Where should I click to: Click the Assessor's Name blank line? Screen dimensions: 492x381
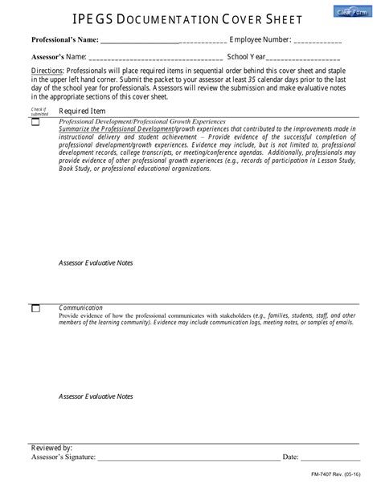click(155, 58)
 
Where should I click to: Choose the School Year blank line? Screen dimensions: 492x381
click(303, 58)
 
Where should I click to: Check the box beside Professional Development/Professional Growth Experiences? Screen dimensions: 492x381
click(35, 123)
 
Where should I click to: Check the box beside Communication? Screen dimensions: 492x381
click(35, 309)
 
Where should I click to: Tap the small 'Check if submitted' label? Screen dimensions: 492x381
click(39, 111)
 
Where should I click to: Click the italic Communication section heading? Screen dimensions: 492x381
click(80, 307)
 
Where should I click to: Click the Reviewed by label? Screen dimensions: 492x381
click(51, 447)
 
